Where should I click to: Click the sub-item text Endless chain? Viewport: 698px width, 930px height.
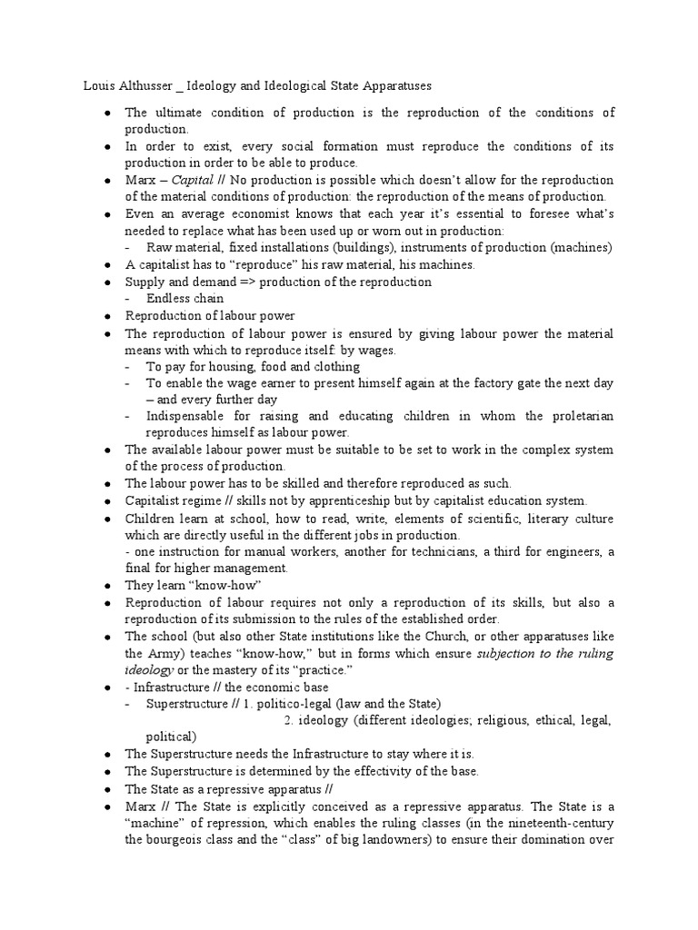(184, 299)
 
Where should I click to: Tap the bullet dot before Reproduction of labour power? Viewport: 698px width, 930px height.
(106, 316)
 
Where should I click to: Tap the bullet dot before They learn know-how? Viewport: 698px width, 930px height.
(106, 586)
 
